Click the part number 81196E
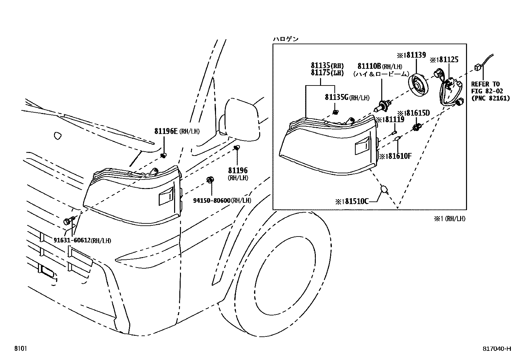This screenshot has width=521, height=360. [x=166, y=131]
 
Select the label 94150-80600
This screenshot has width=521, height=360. [x=211, y=200]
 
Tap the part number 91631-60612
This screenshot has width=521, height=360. [x=72, y=241]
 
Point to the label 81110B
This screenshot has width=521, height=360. [x=369, y=66]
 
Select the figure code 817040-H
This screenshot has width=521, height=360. [x=497, y=349]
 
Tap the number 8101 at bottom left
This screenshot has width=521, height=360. [x=20, y=349]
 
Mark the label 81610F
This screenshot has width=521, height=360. [x=398, y=156]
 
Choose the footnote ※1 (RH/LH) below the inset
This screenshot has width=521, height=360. [x=449, y=219]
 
